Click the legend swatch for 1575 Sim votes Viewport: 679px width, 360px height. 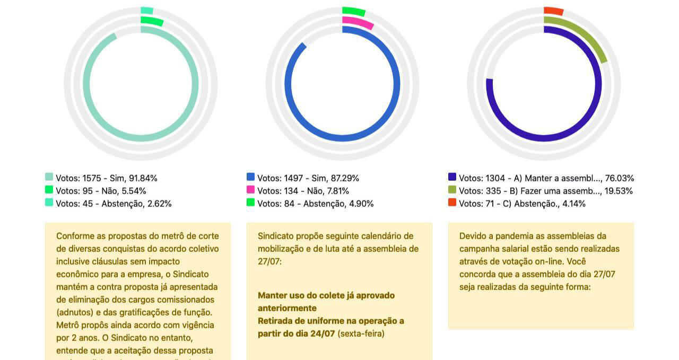tap(49, 177)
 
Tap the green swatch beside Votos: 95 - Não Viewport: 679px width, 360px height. tap(49, 190)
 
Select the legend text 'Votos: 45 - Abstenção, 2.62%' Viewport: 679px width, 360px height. tap(114, 204)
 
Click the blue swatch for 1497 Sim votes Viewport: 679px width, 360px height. tap(250, 177)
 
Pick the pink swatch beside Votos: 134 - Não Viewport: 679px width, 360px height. tap(250, 190)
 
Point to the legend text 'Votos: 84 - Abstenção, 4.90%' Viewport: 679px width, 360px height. tap(315, 204)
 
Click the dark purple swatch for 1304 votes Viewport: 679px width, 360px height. tap(452, 177)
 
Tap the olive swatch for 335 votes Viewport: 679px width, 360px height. tap(452, 190)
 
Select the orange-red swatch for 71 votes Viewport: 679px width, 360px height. tap(452, 203)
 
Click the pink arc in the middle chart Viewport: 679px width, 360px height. tap(359, 22)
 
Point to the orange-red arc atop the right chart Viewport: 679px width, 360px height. tap(553, 11)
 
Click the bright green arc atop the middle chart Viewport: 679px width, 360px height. tap(354, 11)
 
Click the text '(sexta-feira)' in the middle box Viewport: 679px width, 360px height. tap(361, 333)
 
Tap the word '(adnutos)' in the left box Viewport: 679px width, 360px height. tap(75, 312)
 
